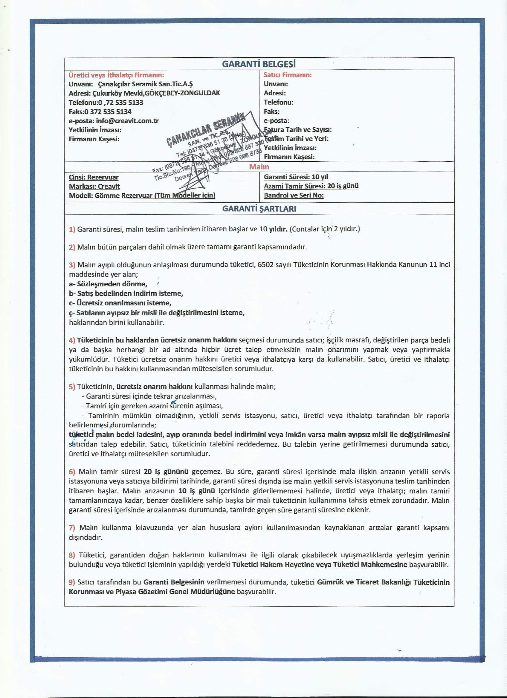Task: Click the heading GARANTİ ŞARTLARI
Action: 259,209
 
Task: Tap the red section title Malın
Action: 259,167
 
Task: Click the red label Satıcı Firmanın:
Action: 288,75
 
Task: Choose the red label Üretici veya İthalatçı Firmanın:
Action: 116,75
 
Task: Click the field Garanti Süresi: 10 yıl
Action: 296,177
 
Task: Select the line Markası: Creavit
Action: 94,186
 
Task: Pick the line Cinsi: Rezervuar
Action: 94,177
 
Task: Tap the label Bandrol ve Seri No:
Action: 294,195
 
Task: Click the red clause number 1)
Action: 72,229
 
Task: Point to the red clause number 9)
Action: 72,582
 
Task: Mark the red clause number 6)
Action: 72,472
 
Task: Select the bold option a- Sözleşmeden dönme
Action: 108,284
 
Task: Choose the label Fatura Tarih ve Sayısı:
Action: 298,130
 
